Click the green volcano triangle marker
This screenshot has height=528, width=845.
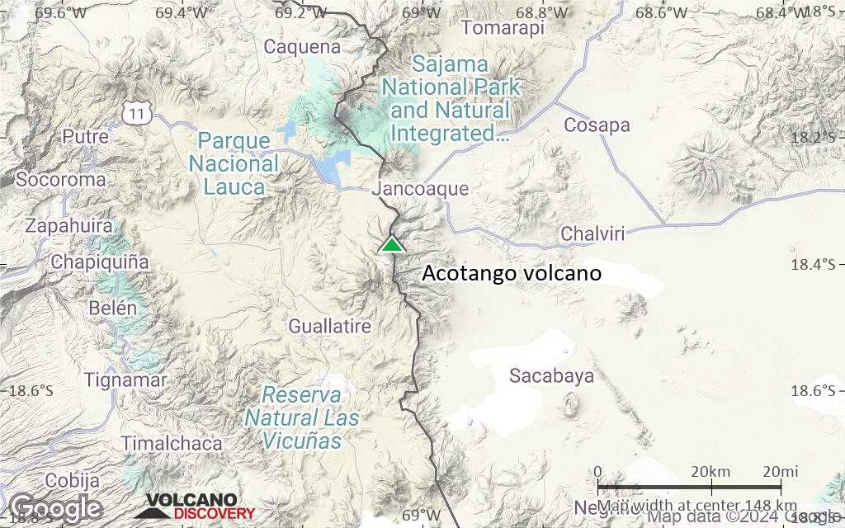click(392, 244)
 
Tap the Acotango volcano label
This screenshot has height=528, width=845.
click(512, 273)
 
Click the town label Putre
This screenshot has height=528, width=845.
click(86, 136)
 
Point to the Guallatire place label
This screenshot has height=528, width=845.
click(329, 327)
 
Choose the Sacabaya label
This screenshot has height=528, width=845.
click(551, 376)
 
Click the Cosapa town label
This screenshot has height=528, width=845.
click(597, 125)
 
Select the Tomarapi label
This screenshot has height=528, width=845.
click(503, 28)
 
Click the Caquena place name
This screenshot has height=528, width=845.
click(302, 47)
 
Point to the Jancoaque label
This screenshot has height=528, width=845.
click(420, 189)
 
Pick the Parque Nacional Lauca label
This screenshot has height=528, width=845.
click(234, 163)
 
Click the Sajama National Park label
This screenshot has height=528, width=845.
click(451, 98)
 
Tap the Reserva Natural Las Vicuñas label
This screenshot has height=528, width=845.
click(301, 417)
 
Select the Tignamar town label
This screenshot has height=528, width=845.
click(125, 380)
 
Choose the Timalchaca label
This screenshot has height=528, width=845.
click(172, 444)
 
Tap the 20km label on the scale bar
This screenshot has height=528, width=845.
click(710, 472)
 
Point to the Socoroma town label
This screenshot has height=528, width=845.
click(61, 179)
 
